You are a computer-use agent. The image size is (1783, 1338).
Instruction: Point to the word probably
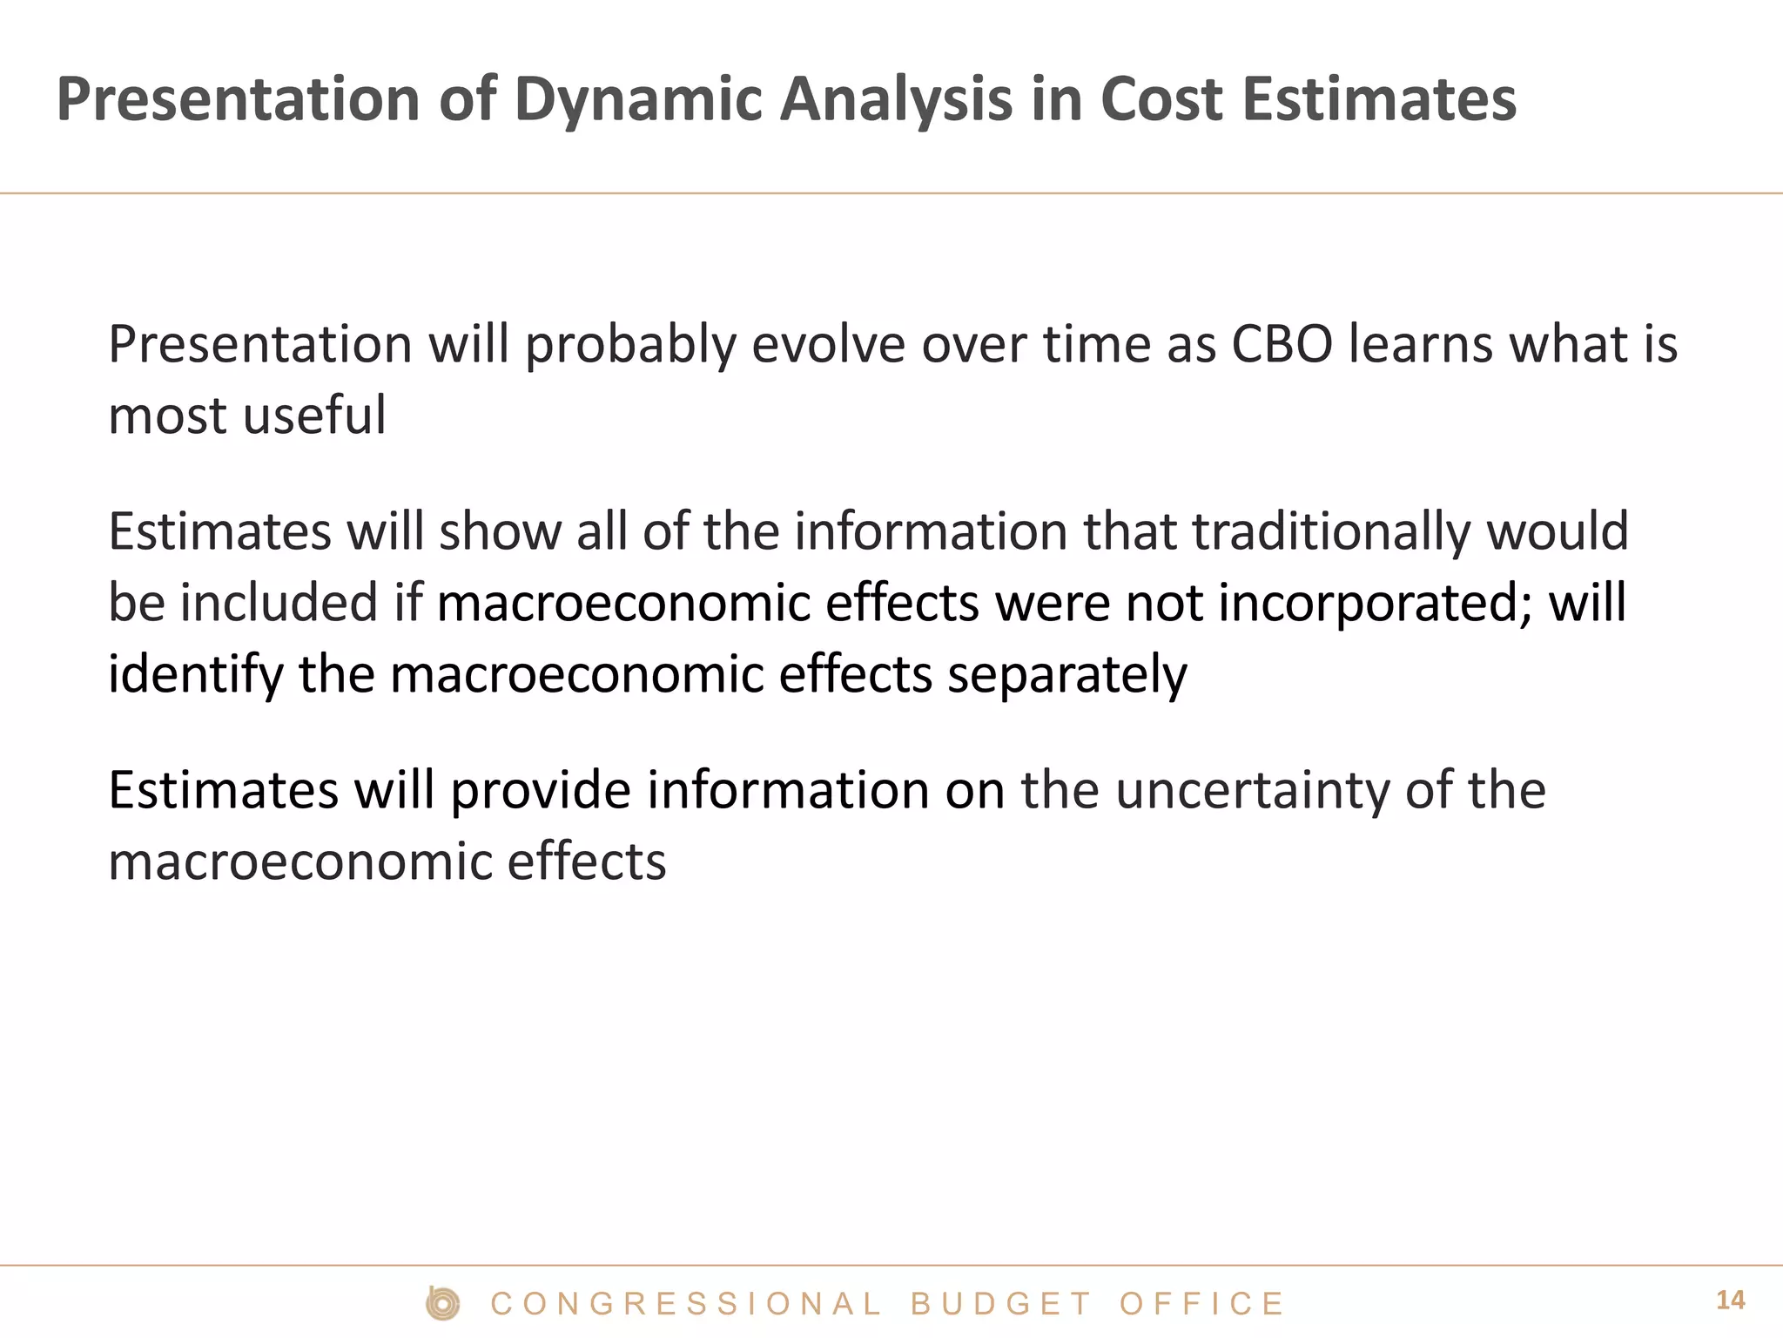click(x=630, y=345)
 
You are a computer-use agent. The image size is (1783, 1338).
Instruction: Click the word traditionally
click(x=1331, y=531)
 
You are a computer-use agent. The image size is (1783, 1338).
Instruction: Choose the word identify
click(x=196, y=674)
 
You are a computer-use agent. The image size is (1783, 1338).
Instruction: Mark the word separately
click(x=1067, y=674)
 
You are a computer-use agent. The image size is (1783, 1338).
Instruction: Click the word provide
click(x=541, y=790)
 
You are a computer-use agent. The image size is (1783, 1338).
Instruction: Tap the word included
click(x=279, y=603)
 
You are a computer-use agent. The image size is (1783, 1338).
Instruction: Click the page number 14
click(x=1730, y=1301)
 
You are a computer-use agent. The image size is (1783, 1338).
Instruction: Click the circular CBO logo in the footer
click(x=443, y=1303)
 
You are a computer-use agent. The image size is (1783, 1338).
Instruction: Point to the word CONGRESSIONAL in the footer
click(x=687, y=1304)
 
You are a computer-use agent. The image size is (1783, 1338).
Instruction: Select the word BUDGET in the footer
click(x=1001, y=1304)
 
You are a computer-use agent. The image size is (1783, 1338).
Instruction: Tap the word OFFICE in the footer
click(x=1201, y=1304)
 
